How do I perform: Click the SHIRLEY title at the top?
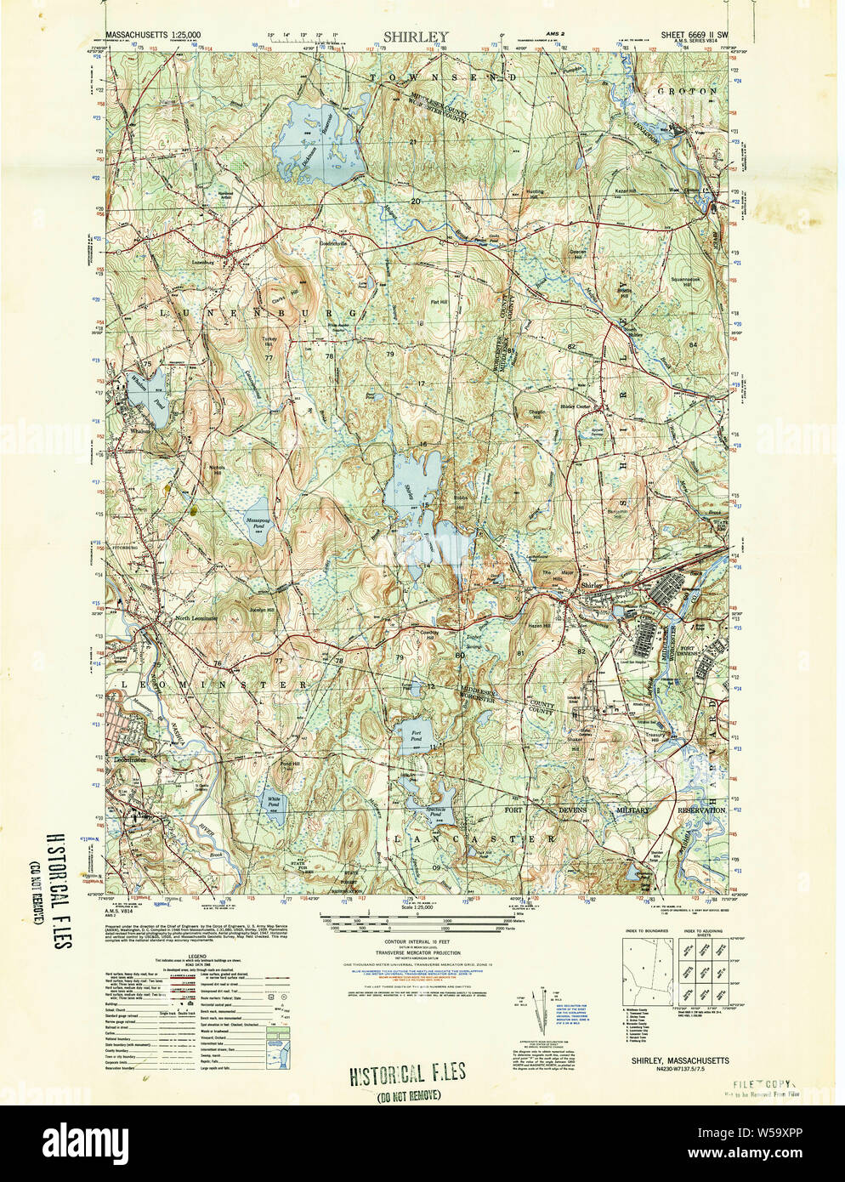tap(415, 37)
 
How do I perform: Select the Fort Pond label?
tap(416, 732)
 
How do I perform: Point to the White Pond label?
tap(274, 801)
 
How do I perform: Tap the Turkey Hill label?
tap(269, 338)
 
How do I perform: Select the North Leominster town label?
tap(196, 618)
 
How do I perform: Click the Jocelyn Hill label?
tap(261, 611)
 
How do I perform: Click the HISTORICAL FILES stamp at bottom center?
tap(409, 1072)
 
